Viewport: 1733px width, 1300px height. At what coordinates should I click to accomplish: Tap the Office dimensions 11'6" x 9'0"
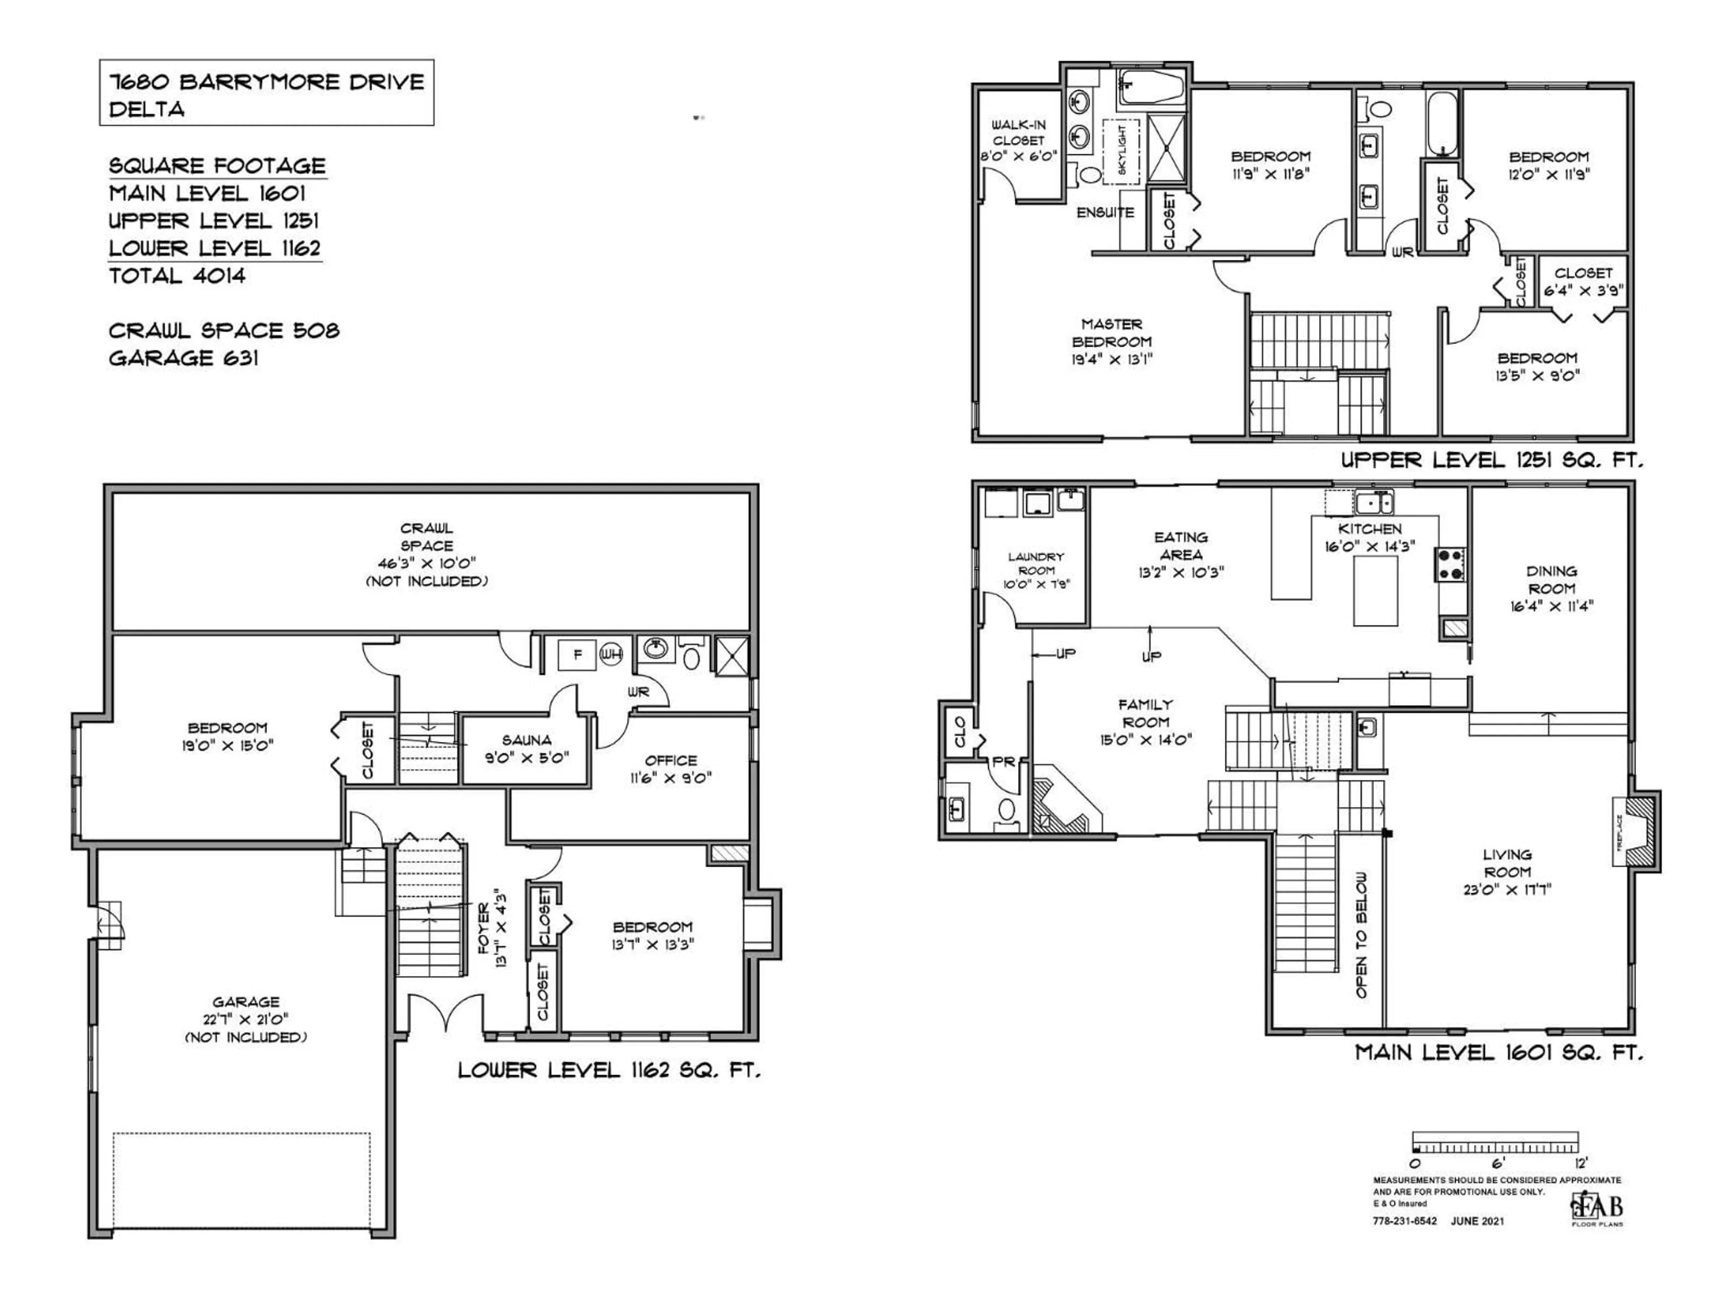click(671, 778)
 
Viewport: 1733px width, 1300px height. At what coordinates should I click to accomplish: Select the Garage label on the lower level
click(246, 1002)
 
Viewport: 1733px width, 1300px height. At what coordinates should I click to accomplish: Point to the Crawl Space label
click(426, 537)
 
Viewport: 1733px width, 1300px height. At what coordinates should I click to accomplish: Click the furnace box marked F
click(577, 655)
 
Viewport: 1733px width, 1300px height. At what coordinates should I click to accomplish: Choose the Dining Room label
click(1551, 580)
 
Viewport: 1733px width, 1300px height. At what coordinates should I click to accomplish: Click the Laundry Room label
click(1036, 563)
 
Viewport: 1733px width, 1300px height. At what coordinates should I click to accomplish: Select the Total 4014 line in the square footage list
click(177, 276)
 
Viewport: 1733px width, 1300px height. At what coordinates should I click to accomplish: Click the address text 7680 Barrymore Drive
click(266, 82)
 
